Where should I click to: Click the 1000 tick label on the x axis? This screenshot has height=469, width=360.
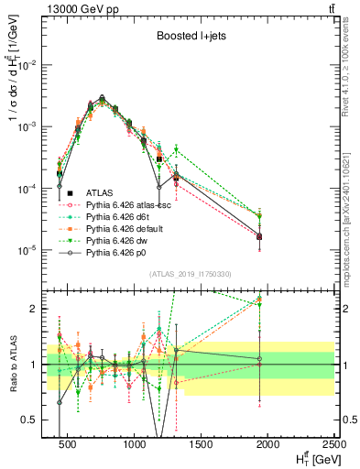tap(136, 443)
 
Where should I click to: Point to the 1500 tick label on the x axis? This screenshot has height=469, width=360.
tap(202, 443)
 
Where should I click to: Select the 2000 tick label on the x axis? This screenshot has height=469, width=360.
tap(268, 443)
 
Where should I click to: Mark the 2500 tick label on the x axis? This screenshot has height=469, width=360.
tap(334, 443)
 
